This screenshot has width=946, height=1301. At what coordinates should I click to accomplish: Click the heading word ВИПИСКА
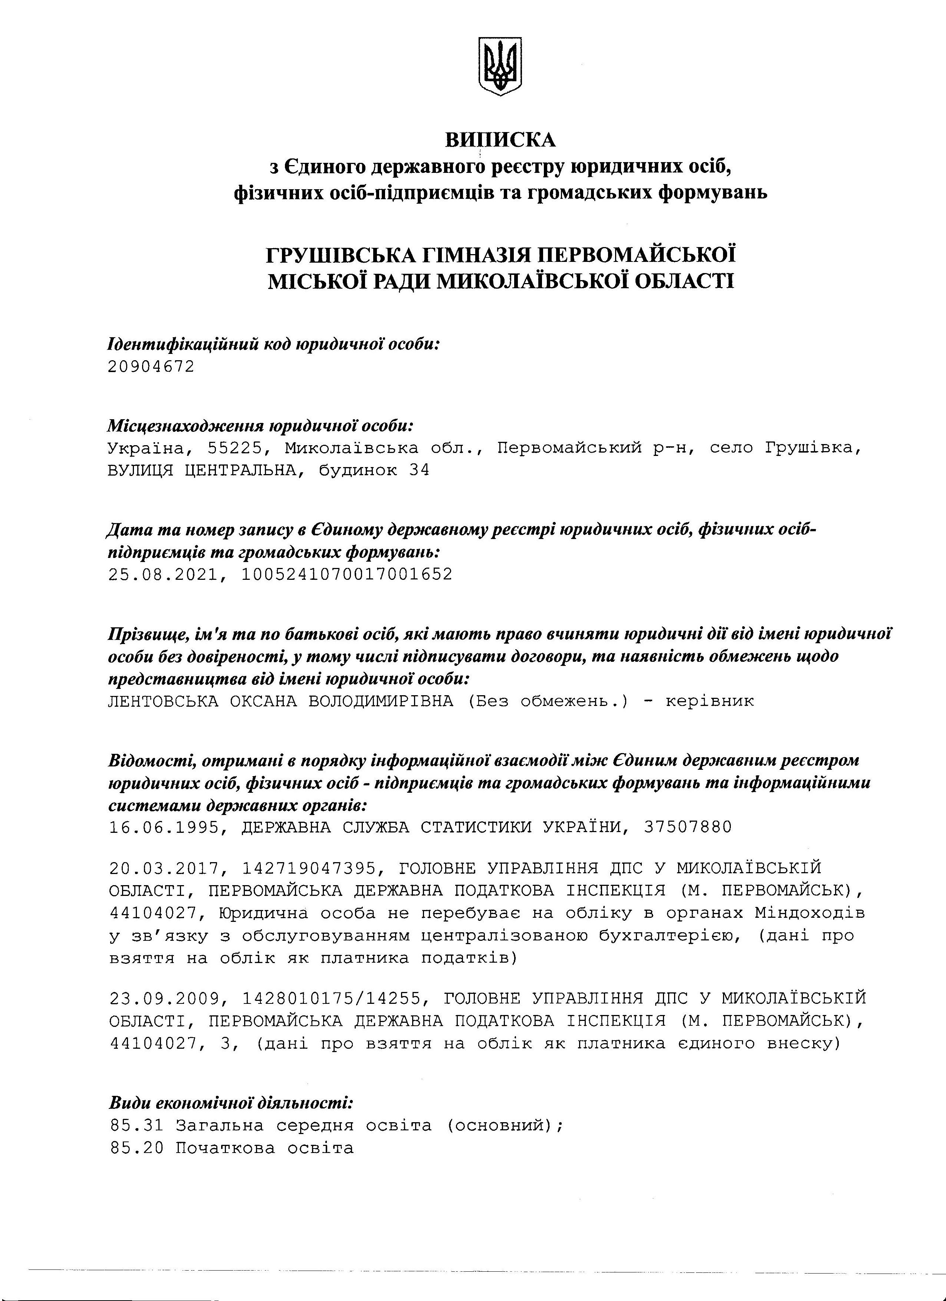pyautogui.click(x=501, y=139)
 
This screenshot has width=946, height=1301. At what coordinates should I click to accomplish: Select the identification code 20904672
pyautogui.click(x=151, y=366)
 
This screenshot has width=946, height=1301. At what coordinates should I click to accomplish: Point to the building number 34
pyautogui.click(x=419, y=470)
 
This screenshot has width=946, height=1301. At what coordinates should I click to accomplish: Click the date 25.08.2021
pyautogui.click(x=164, y=574)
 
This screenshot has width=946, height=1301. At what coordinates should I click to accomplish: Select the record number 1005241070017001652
pyautogui.click(x=347, y=574)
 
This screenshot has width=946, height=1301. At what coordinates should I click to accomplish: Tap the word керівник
pyautogui.click(x=710, y=701)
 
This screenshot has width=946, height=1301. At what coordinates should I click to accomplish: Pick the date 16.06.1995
pyautogui.click(x=164, y=827)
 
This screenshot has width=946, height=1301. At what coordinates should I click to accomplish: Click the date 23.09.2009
pyautogui.click(x=164, y=999)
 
